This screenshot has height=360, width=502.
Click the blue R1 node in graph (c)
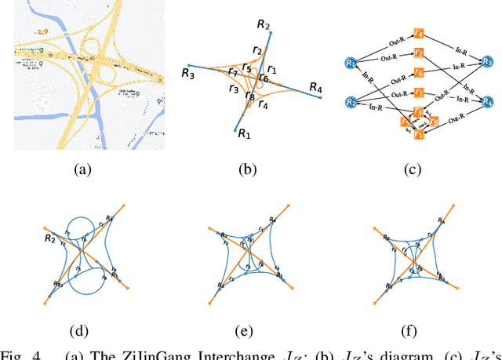click(x=351, y=63)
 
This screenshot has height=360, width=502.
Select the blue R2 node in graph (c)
click(x=351, y=103)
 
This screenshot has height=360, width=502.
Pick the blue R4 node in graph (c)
click(x=488, y=102)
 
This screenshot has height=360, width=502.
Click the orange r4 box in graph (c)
click(x=419, y=34)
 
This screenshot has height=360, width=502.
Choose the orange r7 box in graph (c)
click(x=420, y=53)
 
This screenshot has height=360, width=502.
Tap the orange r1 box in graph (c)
click(x=419, y=136)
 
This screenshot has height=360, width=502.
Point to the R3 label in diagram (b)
click(x=187, y=74)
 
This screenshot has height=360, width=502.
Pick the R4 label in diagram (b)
click(x=315, y=86)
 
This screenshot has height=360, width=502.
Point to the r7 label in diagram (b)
click(x=232, y=73)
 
